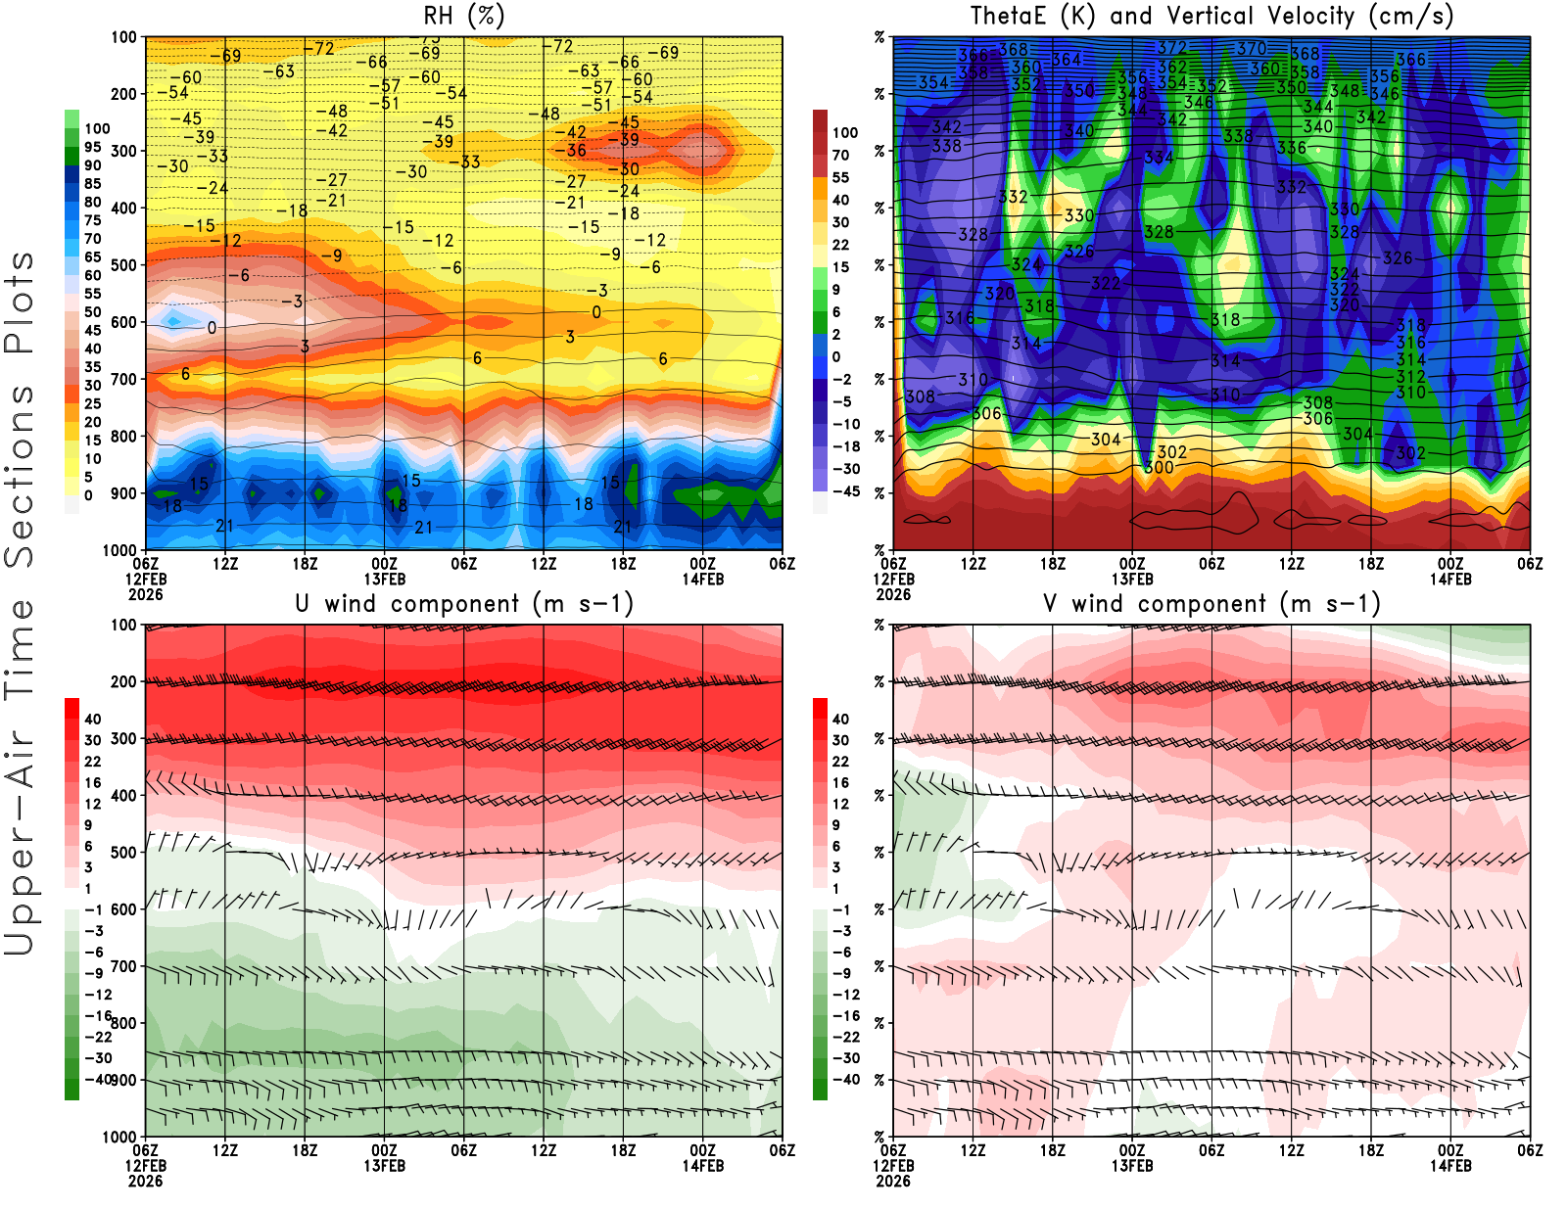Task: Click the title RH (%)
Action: (x=463, y=16)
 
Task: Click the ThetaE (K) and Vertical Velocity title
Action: (x=1211, y=16)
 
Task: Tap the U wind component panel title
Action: (x=463, y=603)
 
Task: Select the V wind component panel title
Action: (x=1211, y=603)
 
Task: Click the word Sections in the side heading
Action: (x=20, y=475)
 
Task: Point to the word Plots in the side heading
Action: (x=20, y=303)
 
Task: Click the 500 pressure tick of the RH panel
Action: (x=123, y=264)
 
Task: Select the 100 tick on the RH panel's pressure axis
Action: (x=123, y=37)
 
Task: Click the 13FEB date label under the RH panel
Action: (x=385, y=579)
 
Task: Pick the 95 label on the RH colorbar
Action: (x=92, y=147)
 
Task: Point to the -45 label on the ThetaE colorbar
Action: (x=845, y=491)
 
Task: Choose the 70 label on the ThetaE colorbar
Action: (x=840, y=155)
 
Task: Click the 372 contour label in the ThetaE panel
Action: (x=1171, y=47)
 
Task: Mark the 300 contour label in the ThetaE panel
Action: (x=1159, y=467)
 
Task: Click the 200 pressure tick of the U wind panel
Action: (x=123, y=681)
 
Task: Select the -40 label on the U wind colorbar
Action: (x=98, y=1079)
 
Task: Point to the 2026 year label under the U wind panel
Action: (x=145, y=1181)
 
